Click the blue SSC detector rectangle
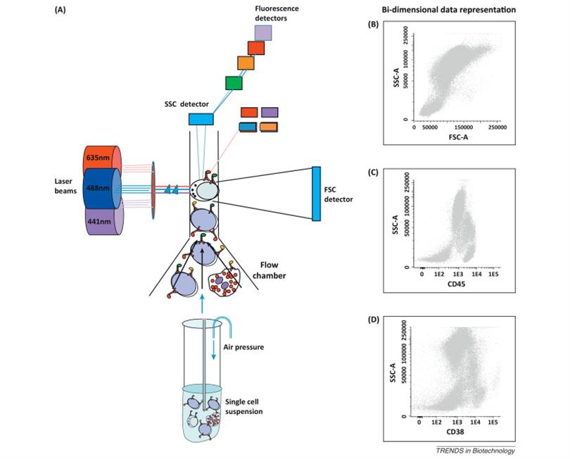[x=201, y=119]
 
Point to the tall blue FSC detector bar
[x=316, y=194]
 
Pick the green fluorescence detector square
[x=234, y=83]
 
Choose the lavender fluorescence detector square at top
[x=263, y=32]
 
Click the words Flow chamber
[x=269, y=270]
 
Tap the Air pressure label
[x=243, y=347]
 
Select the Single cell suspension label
[x=244, y=407]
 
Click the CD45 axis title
[x=457, y=284]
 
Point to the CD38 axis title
[x=455, y=432]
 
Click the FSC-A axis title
[x=458, y=137]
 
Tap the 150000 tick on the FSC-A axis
[x=464, y=127]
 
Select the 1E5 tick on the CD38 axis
[x=493, y=422]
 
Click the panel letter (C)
[x=374, y=172]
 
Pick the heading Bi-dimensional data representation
[x=448, y=10]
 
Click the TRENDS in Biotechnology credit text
[x=476, y=451]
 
